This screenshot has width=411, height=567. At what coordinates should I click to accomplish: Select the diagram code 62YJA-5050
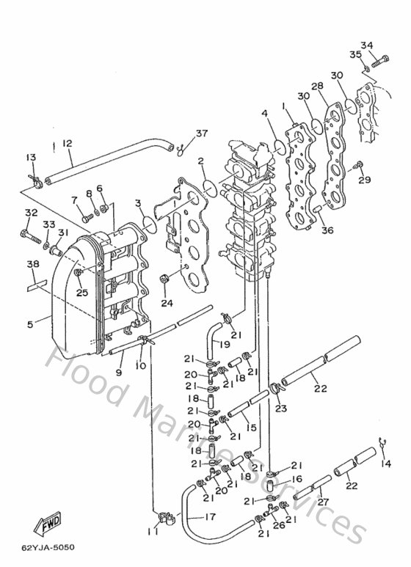pos(48,547)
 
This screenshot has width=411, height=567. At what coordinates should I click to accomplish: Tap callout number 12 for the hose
pos(67,143)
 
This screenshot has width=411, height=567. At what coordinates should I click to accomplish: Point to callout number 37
pos(181,133)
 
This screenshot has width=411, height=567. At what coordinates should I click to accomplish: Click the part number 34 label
pos(367,45)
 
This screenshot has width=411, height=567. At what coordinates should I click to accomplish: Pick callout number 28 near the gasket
pos(317,87)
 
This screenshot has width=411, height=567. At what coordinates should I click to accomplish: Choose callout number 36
pos(327,230)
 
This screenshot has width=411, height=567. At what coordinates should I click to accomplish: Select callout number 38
pos(33,265)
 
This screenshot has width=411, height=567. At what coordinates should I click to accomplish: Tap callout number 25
pos(82,293)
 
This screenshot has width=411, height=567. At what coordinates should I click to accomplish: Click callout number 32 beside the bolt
pos(30,213)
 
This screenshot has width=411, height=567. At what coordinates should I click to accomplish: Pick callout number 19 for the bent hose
pos(224,343)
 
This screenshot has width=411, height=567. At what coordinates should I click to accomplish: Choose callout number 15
pos(251,428)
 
